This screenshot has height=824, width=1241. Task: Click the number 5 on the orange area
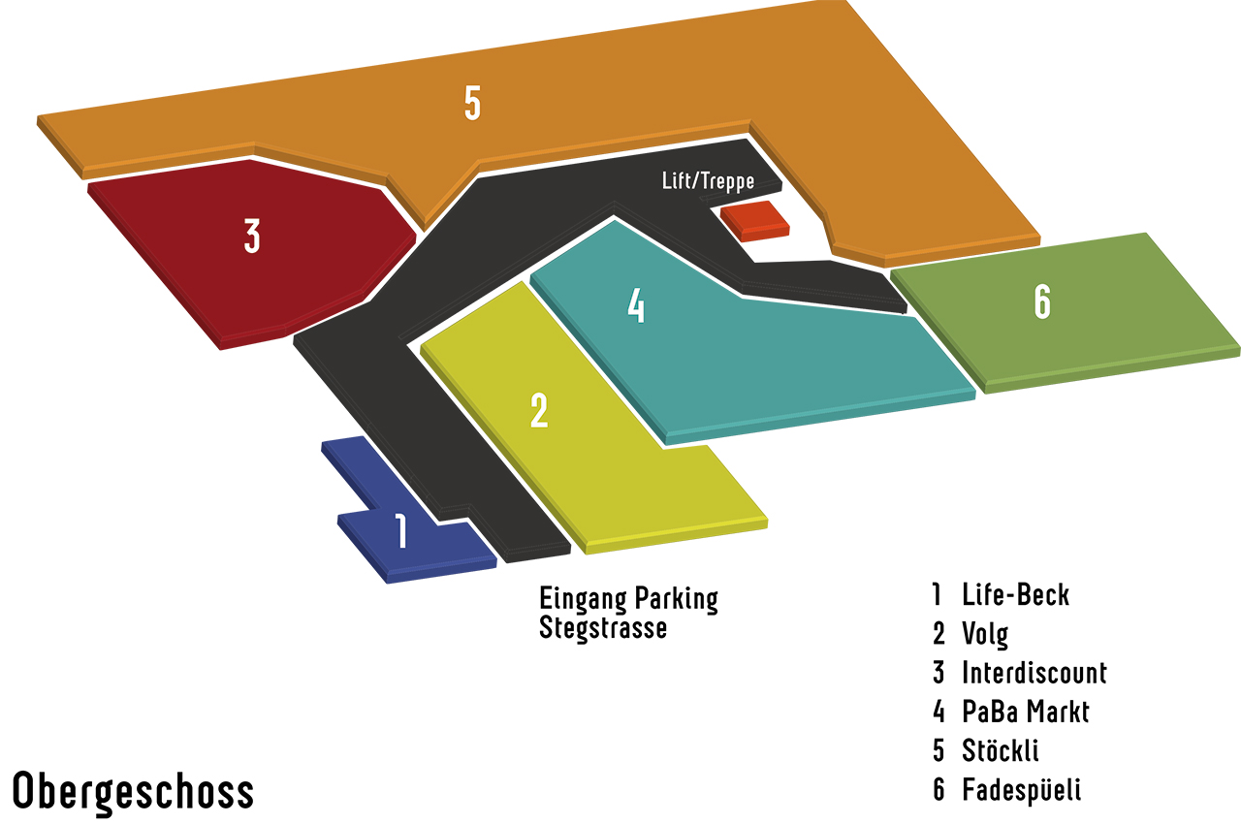point(472,104)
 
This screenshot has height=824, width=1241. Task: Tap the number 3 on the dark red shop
point(252,236)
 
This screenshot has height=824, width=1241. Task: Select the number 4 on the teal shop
point(636,306)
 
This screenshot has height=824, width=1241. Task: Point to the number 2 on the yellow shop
point(539,411)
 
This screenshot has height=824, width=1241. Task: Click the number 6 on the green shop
point(1042,302)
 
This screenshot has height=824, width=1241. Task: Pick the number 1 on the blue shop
point(401,532)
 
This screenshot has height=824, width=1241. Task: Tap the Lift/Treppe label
point(708,181)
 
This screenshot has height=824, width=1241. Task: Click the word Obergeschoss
point(133,791)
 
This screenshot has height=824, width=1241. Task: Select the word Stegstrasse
point(603,628)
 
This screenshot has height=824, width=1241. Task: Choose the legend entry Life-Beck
point(1015,594)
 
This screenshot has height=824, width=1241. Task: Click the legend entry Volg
point(985,634)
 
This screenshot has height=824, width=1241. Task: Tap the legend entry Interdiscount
point(1034,673)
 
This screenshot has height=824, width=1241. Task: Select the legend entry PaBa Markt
point(1026,712)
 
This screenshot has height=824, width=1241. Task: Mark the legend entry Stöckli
point(1001,750)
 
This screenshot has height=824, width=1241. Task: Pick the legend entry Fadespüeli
point(1021,789)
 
